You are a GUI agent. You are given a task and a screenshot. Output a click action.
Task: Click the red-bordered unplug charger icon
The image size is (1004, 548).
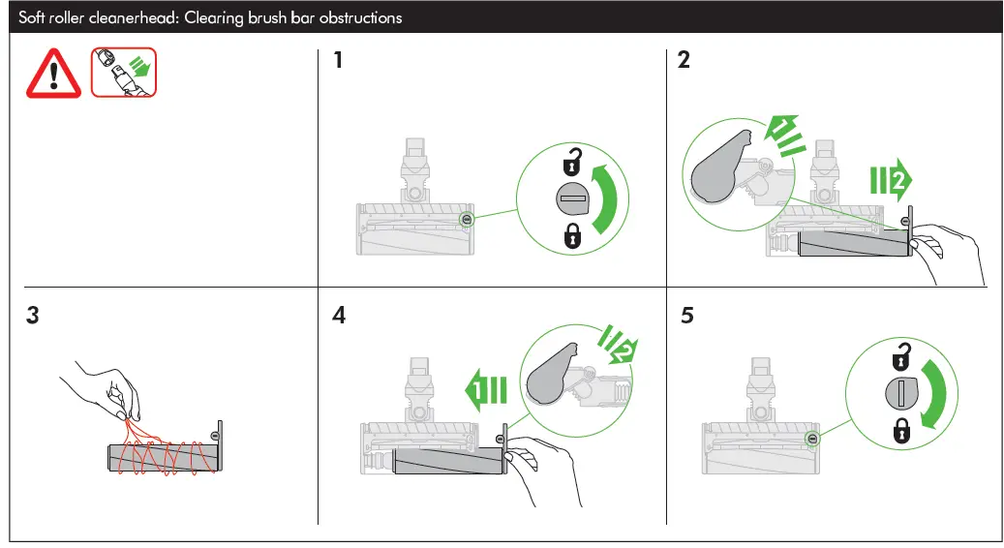point(123,71)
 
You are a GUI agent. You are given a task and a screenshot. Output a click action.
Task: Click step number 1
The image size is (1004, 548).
point(338,61)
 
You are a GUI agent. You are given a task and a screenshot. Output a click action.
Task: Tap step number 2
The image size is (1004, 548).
point(684,61)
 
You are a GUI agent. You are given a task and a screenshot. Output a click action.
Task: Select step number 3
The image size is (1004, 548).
point(34,316)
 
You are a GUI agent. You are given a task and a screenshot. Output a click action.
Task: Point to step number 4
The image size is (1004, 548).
point(338,316)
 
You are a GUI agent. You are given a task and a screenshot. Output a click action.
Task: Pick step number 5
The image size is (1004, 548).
point(686,316)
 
